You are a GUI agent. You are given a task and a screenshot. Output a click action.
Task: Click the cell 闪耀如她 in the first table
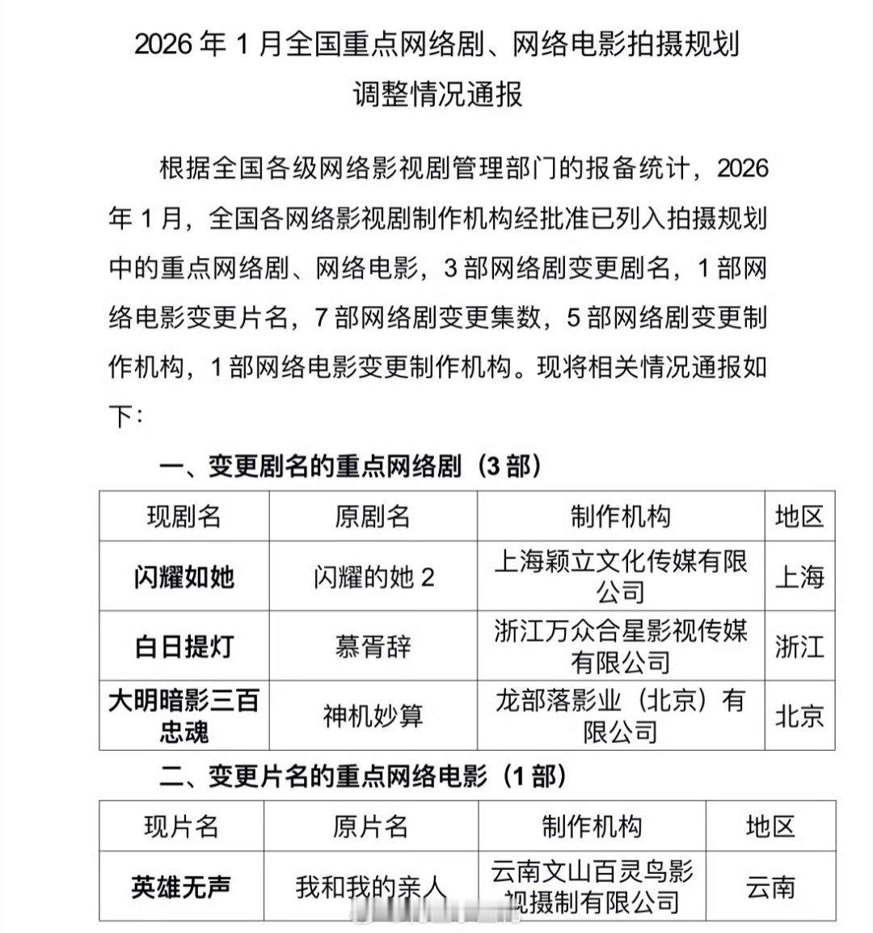click(183, 577)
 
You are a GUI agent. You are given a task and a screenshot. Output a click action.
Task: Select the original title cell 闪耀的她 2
click(373, 577)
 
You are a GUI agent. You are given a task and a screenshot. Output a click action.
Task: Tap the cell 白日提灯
click(183, 647)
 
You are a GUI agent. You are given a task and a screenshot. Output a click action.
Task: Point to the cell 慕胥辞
click(373, 647)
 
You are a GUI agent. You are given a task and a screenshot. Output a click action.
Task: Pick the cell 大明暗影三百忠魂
click(183, 715)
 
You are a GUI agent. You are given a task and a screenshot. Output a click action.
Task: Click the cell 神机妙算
click(373, 716)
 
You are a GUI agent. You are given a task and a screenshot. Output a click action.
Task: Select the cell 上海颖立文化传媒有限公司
click(620, 576)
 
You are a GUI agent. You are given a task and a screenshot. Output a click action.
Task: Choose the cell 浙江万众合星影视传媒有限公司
click(620, 646)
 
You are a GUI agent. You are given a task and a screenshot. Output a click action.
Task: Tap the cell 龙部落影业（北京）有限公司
click(620, 715)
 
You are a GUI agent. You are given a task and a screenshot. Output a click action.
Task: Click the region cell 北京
click(799, 716)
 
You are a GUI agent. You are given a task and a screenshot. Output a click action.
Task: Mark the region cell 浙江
click(799, 647)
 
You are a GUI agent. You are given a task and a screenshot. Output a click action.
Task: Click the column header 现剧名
click(183, 517)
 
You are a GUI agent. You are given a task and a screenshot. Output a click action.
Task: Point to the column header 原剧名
click(373, 517)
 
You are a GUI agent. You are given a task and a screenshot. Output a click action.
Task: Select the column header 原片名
click(370, 826)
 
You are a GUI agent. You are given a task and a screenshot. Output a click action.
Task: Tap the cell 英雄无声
click(181, 887)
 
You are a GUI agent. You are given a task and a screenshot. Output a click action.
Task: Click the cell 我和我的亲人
click(370, 887)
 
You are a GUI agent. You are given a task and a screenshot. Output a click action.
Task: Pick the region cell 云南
click(770, 887)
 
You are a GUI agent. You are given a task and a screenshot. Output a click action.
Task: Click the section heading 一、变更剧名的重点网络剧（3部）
click(349, 466)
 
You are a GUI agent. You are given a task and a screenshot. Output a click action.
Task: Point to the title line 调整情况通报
click(437, 95)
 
